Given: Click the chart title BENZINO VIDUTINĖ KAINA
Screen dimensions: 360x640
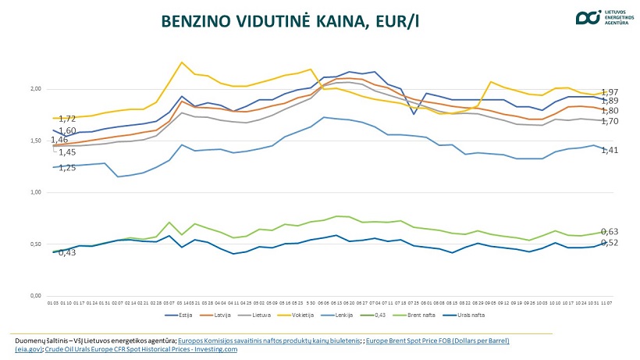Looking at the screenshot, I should click(x=290, y=21).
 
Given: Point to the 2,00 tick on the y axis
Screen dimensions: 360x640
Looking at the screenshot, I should click(x=37, y=89).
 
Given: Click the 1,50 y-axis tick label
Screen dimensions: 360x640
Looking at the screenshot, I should click(x=37, y=141).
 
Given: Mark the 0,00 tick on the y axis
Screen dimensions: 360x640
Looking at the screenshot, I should click(x=37, y=296).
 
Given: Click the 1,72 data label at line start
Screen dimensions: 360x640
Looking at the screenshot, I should click(x=67, y=119).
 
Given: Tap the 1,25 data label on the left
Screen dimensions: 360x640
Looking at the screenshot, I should click(x=67, y=168).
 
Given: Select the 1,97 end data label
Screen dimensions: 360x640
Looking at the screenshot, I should click(x=610, y=92).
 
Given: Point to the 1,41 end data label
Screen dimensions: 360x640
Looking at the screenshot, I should click(x=610, y=150).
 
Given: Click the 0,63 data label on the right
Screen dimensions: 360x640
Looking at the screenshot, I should click(x=610, y=232).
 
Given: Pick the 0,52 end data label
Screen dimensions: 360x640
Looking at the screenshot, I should click(x=610, y=243).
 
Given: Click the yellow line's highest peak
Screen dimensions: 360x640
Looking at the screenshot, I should click(x=182, y=62).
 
